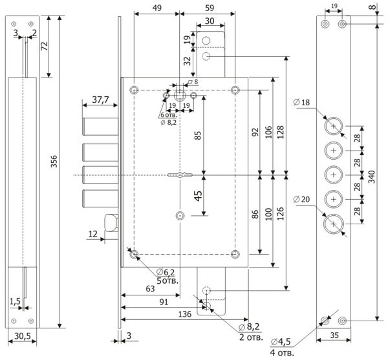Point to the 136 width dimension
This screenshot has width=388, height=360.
pyautogui.click(x=184, y=314)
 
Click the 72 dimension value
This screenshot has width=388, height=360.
pyautogui.click(x=43, y=46)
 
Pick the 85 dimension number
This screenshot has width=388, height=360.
pyautogui.click(x=199, y=136)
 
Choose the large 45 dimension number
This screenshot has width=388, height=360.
pyautogui.click(x=199, y=195)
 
